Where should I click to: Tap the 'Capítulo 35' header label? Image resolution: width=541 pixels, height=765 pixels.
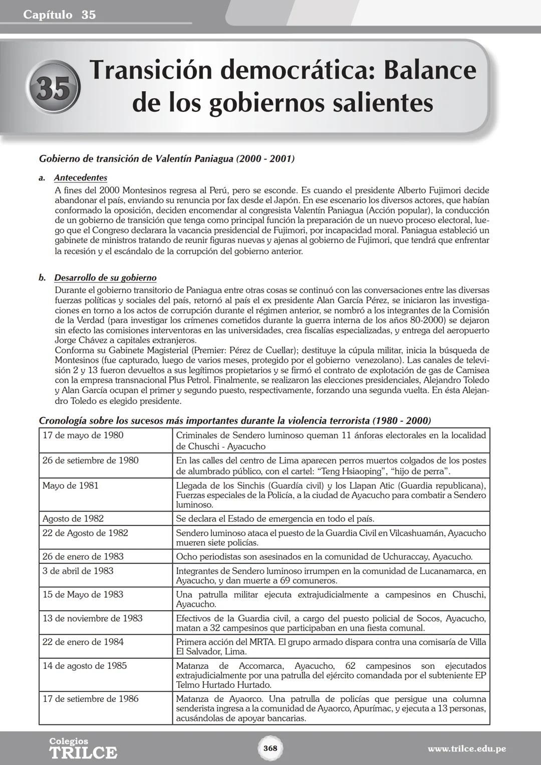[x=59, y=15]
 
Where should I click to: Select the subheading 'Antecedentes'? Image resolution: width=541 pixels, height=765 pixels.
[x=80, y=178]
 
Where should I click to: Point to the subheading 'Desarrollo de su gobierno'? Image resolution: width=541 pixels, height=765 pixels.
[x=105, y=278]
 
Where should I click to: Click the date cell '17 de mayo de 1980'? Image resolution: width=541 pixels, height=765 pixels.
[x=83, y=435]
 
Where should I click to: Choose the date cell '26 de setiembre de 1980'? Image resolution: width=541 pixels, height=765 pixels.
[x=90, y=460]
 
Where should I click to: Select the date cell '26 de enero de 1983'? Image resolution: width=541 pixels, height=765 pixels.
[x=83, y=557]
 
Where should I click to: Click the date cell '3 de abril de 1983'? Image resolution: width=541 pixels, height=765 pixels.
[x=78, y=571]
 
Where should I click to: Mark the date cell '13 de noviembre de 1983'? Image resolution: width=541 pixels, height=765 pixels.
[x=93, y=618]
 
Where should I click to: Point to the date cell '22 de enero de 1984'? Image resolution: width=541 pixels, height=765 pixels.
[x=83, y=642]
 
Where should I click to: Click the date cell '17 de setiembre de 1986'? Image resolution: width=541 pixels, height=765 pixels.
[x=90, y=699]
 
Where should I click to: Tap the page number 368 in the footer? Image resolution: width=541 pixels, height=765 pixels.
[x=270, y=748]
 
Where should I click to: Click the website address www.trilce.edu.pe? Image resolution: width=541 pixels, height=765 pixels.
[x=466, y=749]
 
